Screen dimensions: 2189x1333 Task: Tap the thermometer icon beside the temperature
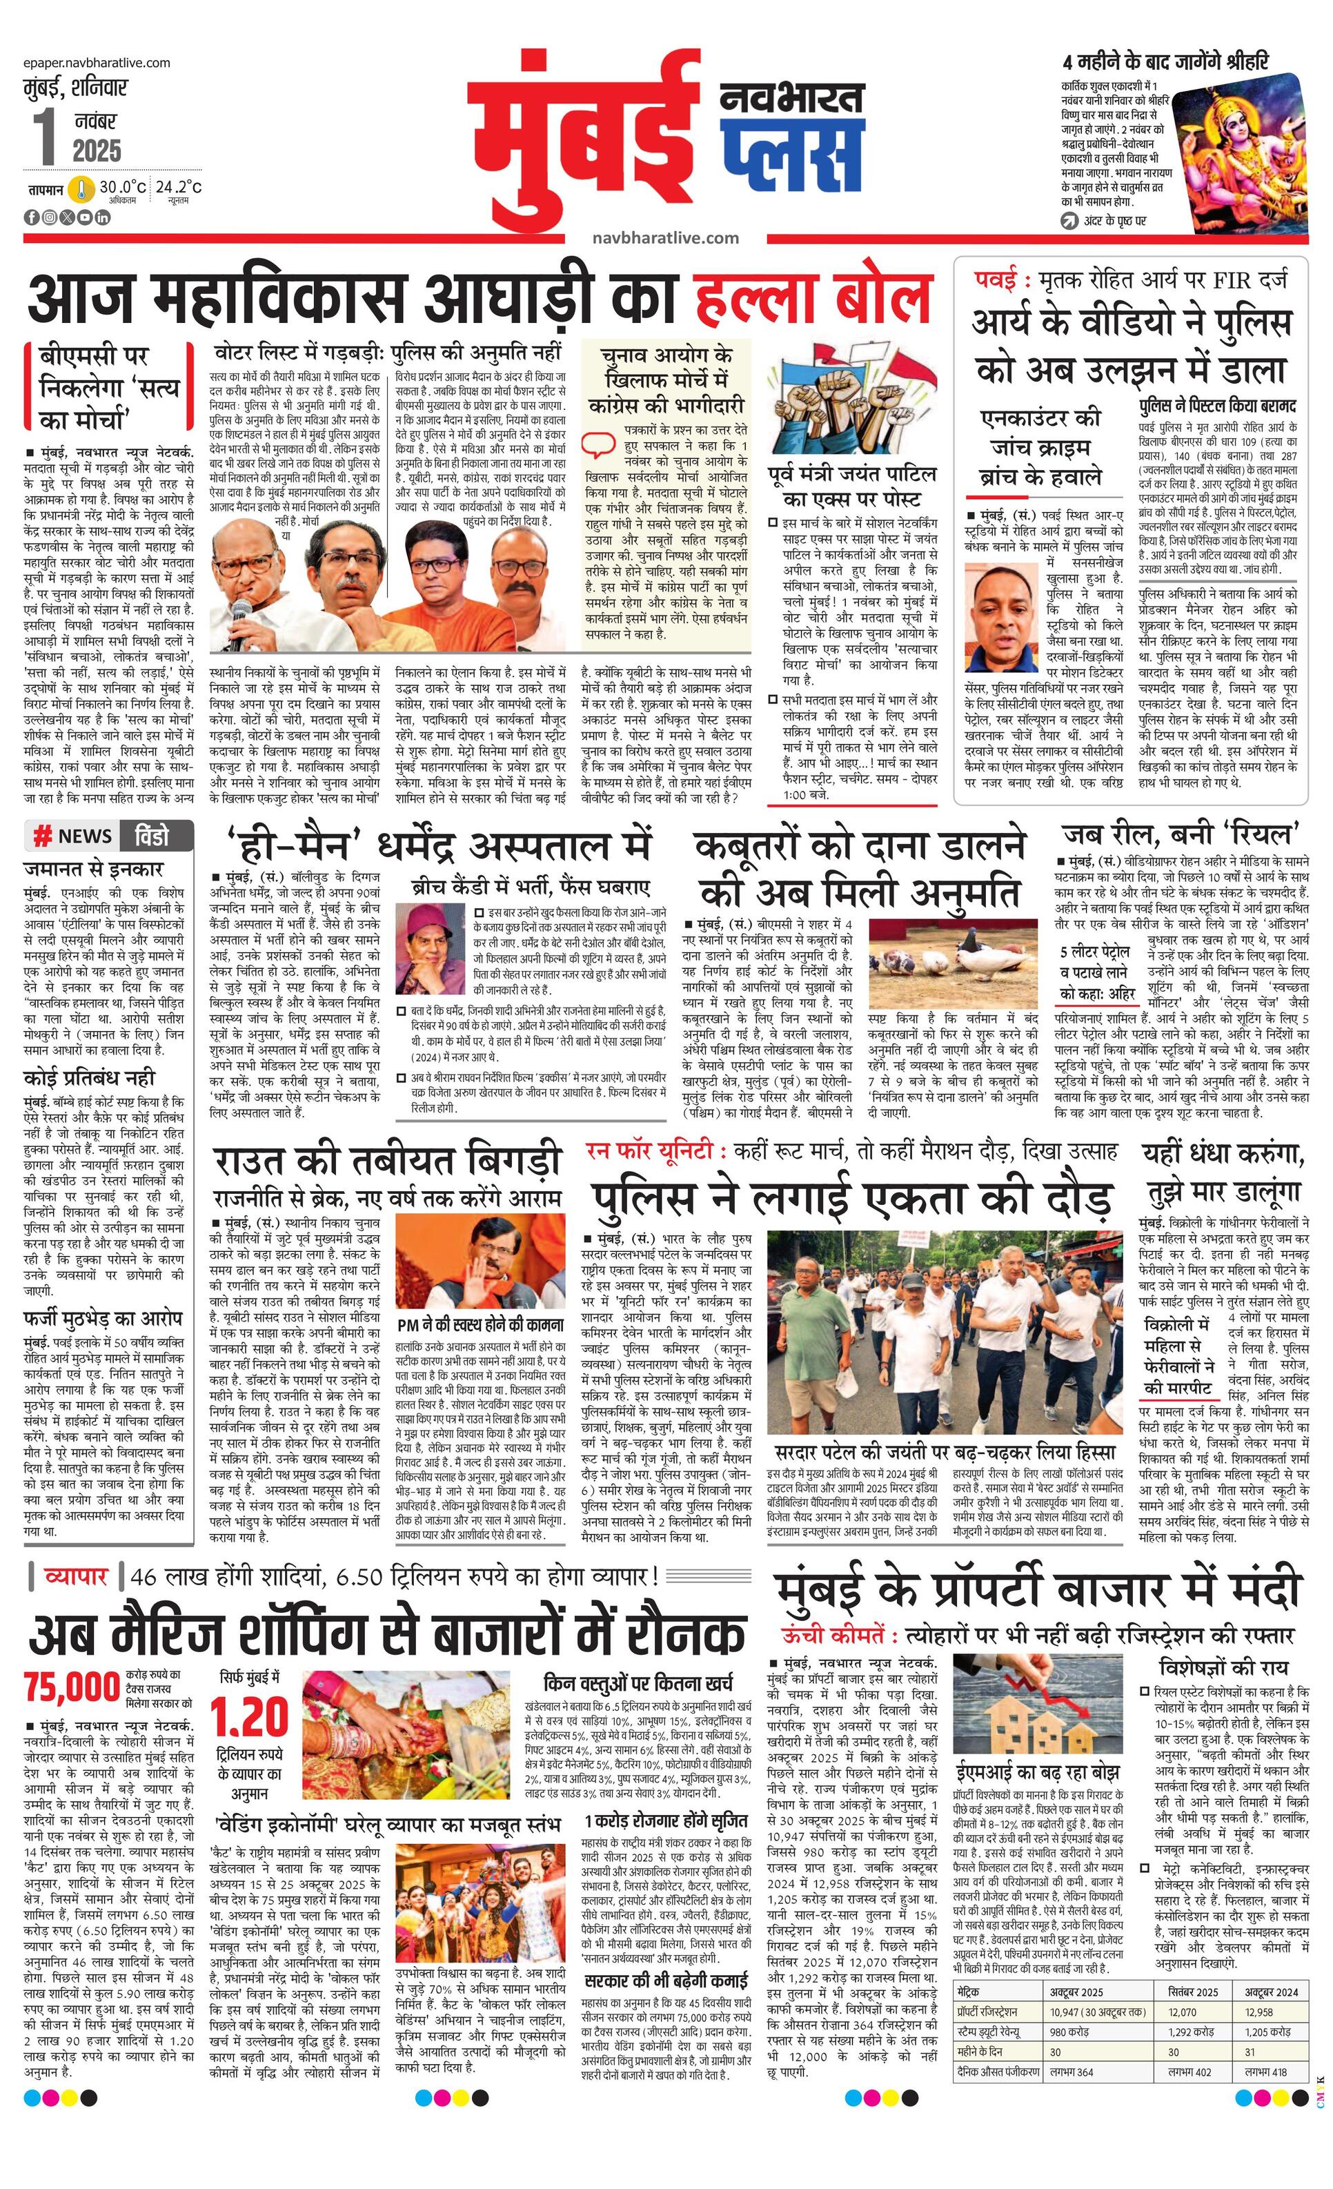tap(83, 189)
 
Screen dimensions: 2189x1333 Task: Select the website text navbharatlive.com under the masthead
tap(665, 238)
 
